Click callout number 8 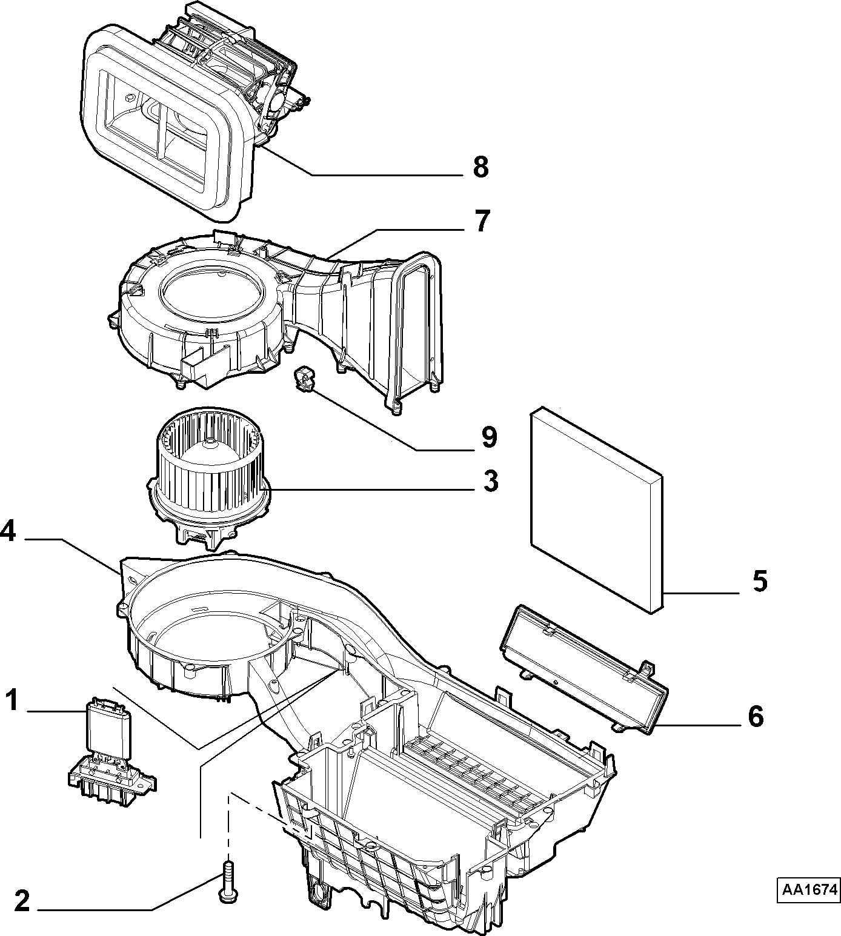tap(480, 167)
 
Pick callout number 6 tap(756, 717)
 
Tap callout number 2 tap(22, 901)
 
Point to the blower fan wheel tap(209, 482)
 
